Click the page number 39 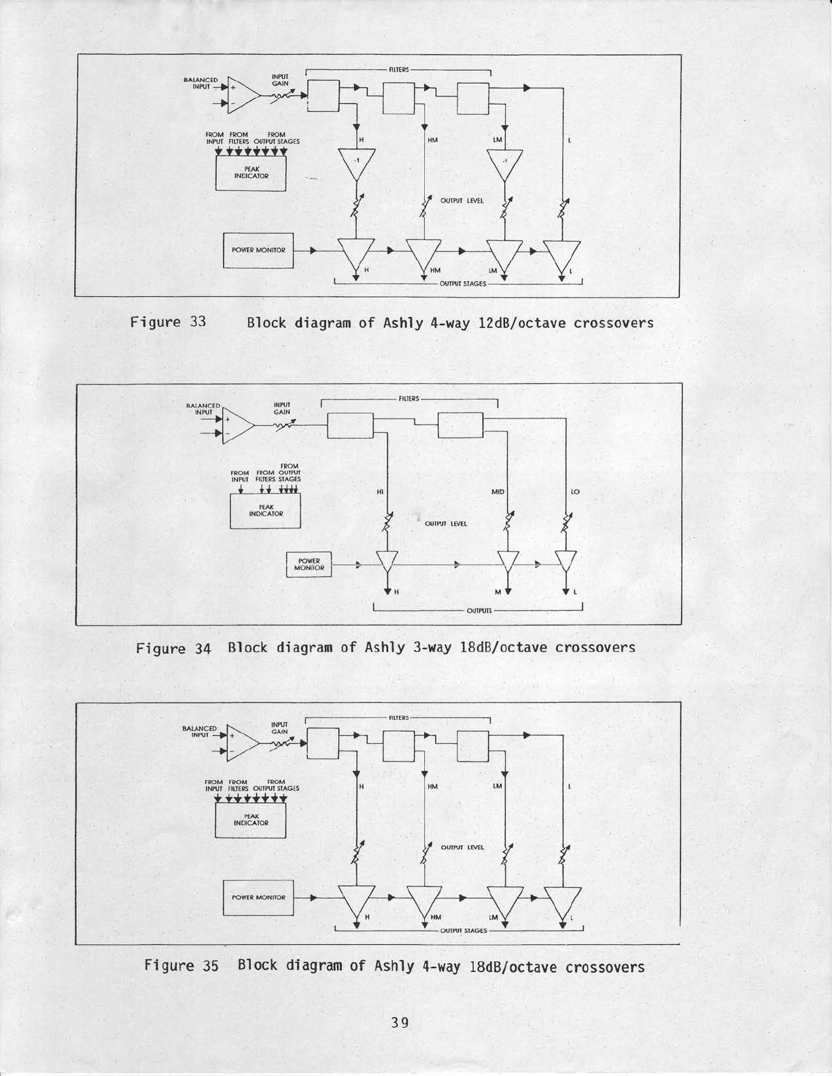coord(400,1022)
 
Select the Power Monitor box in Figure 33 coord(258,250)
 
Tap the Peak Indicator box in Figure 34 coord(265,510)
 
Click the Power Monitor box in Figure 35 coord(258,897)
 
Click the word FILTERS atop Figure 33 coord(398,69)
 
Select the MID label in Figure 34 coord(498,491)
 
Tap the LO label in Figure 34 coord(575,491)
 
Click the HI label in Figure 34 coord(379,491)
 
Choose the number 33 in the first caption coord(197,322)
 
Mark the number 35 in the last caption coord(210,966)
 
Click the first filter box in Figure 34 coord(350,426)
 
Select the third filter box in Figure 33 coord(473,97)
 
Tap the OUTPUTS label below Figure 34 coord(479,611)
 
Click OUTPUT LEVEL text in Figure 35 coord(462,847)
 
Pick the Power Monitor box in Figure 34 coord(309,564)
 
